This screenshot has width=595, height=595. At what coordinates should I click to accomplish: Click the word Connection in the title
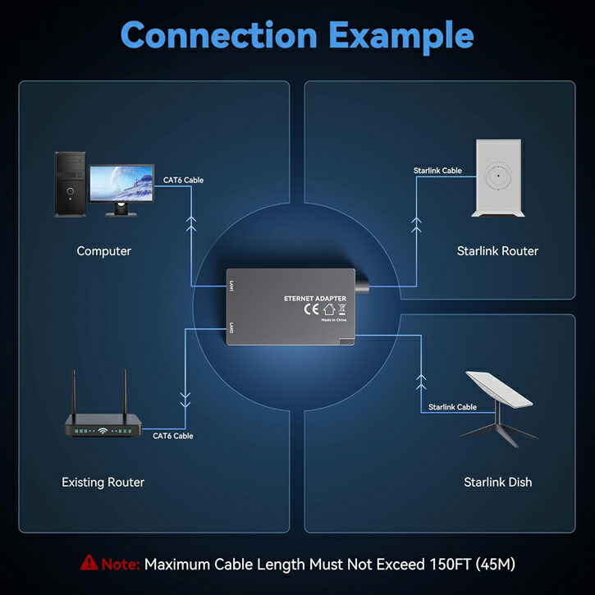pyautogui.click(x=219, y=35)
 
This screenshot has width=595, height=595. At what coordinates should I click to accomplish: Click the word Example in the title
pyautogui.click(x=401, y=37)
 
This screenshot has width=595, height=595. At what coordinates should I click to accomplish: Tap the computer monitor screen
pyautogui.click(x=121, y=184)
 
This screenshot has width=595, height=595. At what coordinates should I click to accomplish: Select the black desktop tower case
pyautogui.click(x=71, y=185)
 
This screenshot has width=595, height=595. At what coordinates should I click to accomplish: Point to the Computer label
pyautogui.click(x=103, y=251)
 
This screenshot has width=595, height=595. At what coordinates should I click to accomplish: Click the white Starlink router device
pyautogui.click(x=498, y=178)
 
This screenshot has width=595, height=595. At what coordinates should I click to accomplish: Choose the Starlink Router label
pyautogui.click(x=497, y=251)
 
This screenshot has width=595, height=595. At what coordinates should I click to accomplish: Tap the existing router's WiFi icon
pyautogui.click(x=103, y=431)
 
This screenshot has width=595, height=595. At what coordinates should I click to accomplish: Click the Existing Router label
pyautogui.click(x=103, y=483)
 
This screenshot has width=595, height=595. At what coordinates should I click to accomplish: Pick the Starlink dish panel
pyautogui.click(x=499, y=390)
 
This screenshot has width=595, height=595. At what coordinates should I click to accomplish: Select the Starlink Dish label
pyautogui.click(x=498, y=483)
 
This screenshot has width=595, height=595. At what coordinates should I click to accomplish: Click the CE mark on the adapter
pyautogui.click(x=311, y=309)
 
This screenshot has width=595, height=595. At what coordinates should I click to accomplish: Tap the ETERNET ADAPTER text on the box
pyautogui.click(x=315, y=299)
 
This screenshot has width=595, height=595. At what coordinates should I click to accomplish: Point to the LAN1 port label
pyautogui.click(x=231, y=286)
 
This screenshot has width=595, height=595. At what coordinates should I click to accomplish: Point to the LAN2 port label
pyautogui.click(x=231, y=328)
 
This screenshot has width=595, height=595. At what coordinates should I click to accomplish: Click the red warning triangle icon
pyautogui.click(x=89, y=562)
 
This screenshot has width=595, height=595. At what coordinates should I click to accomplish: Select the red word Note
pyautogui.click(x=121, y=565)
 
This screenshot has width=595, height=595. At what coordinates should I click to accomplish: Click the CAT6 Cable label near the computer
pyautogui.click(x=183, y=181)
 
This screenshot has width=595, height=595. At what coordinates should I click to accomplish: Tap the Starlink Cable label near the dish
pyautogui.click(x=452, y=407)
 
